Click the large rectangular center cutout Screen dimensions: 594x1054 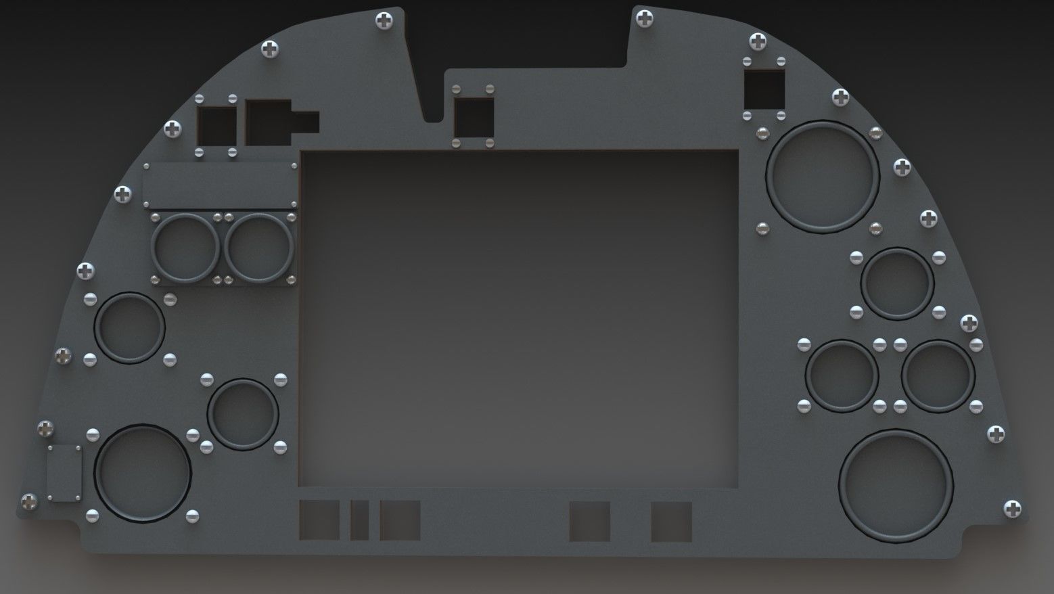pyautogui.click(x=519, y=318)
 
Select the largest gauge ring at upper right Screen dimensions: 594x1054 pyautogui.click(x=822, y=177)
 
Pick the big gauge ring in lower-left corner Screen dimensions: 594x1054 pyautogui.click(x=143, y=473)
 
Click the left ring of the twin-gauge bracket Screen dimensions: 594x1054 pyautogui.click(x=185, y=248)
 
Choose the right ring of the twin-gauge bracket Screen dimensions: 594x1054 pyautogui.click(x=258, y=248)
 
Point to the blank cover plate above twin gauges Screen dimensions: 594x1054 pyautogui.click(x=221, y=185)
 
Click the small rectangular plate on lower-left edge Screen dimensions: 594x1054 pyautogui.click(x=66, y=473)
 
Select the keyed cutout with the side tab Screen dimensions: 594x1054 pyautogui.click(x=274, y=122)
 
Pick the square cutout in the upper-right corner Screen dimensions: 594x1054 pyautogui.click(x=764, y=89)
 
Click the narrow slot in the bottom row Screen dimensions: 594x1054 pyautogui.click(x=359, y=520)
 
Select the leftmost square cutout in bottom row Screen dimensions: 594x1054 pyautogui.click(x=319, y=520)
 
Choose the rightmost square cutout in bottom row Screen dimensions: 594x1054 pyautogui.click(x=671, y=521)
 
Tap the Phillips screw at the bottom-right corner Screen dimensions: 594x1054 pyautogui.click(x=1012, y=509)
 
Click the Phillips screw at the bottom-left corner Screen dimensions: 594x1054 pyautogui.click(x=29, y=501)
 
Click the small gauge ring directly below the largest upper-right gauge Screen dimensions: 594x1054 pyautogui.click(x=897, y=283)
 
